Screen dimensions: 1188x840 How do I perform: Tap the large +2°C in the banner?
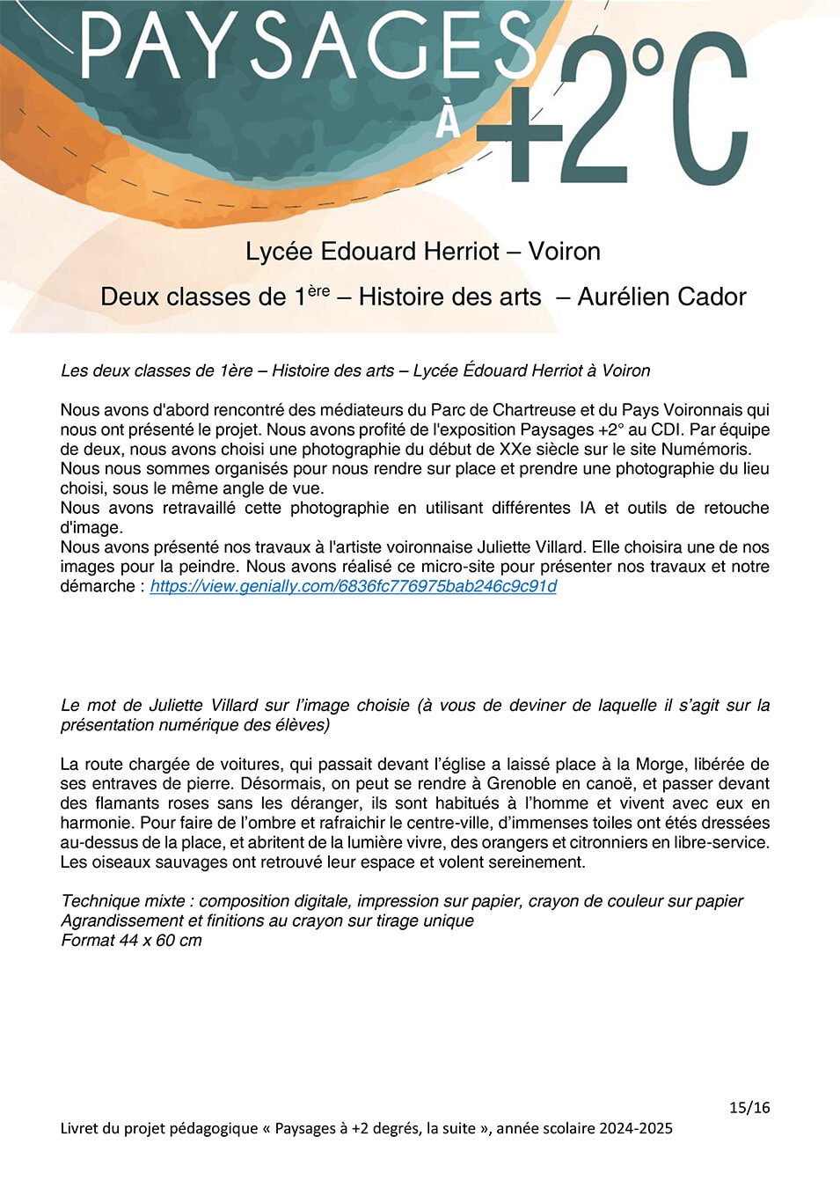click(616, 110)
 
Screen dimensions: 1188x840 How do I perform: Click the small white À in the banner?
click(449, 121)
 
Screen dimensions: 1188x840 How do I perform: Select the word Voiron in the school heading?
click(564, 252)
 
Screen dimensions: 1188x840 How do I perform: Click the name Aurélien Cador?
click(661, 297)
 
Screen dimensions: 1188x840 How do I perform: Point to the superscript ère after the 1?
click(318, 290)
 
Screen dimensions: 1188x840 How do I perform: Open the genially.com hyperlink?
click(353, 586)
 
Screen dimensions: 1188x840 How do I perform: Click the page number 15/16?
click(749, 1108)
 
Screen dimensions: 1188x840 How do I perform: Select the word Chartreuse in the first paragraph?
click(531, 410)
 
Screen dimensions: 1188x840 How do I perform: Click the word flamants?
click(121, 803)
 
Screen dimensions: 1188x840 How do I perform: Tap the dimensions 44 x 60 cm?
click(161, 941)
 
